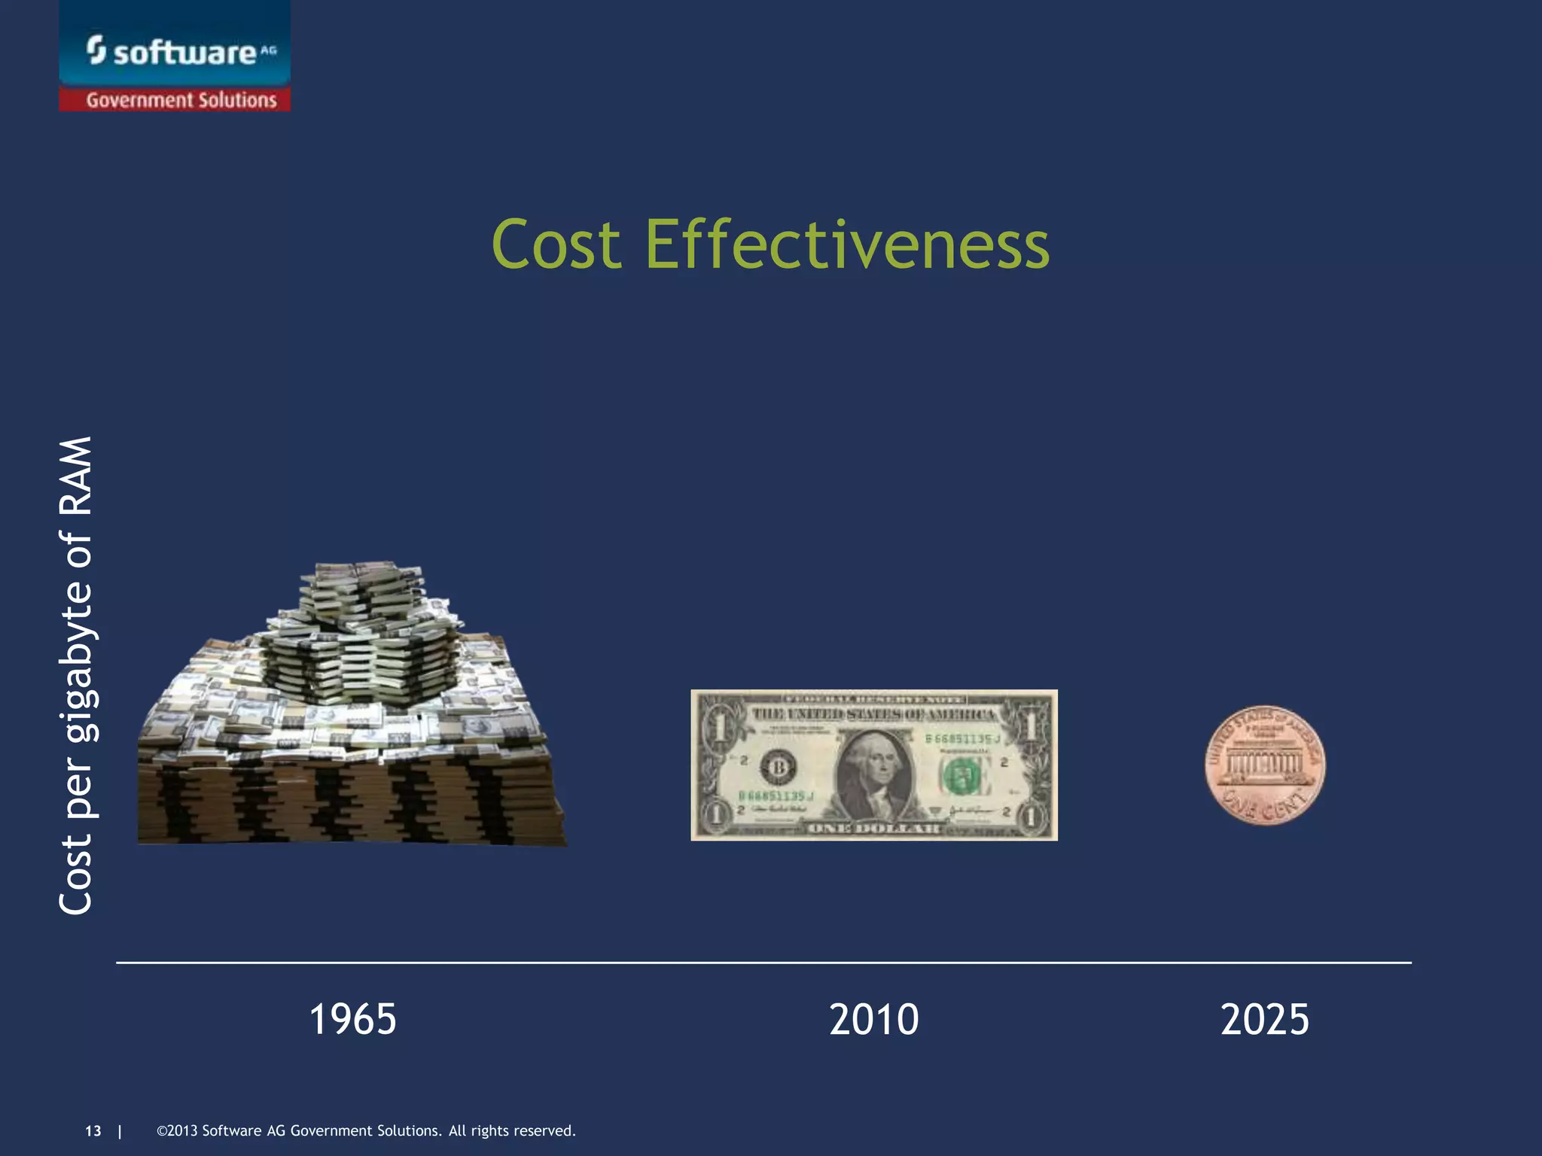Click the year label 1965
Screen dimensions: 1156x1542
[x=352, y=1019]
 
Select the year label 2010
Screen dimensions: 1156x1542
[x=873, y=1019]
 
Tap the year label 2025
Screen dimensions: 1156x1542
[x=1265, y=1019]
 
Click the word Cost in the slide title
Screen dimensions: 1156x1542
[x=556, y=244]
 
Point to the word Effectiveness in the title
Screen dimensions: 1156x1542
[x=847, y=244]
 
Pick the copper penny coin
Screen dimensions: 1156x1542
[x=1265, y=765]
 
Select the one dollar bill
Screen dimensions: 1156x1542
[x=873, y=765]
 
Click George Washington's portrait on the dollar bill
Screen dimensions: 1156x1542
[x=873, y=771]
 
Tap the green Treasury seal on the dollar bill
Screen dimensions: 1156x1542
[x=963, y=776]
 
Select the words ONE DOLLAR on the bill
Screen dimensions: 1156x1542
[x=873, y=829]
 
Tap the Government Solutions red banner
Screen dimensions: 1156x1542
[x=181, y=100]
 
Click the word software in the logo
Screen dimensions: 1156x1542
[x=184, y=53]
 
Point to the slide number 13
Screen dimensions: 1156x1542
[x=93, y=1130]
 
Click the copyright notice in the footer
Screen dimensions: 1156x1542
[x=366, y=1130]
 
